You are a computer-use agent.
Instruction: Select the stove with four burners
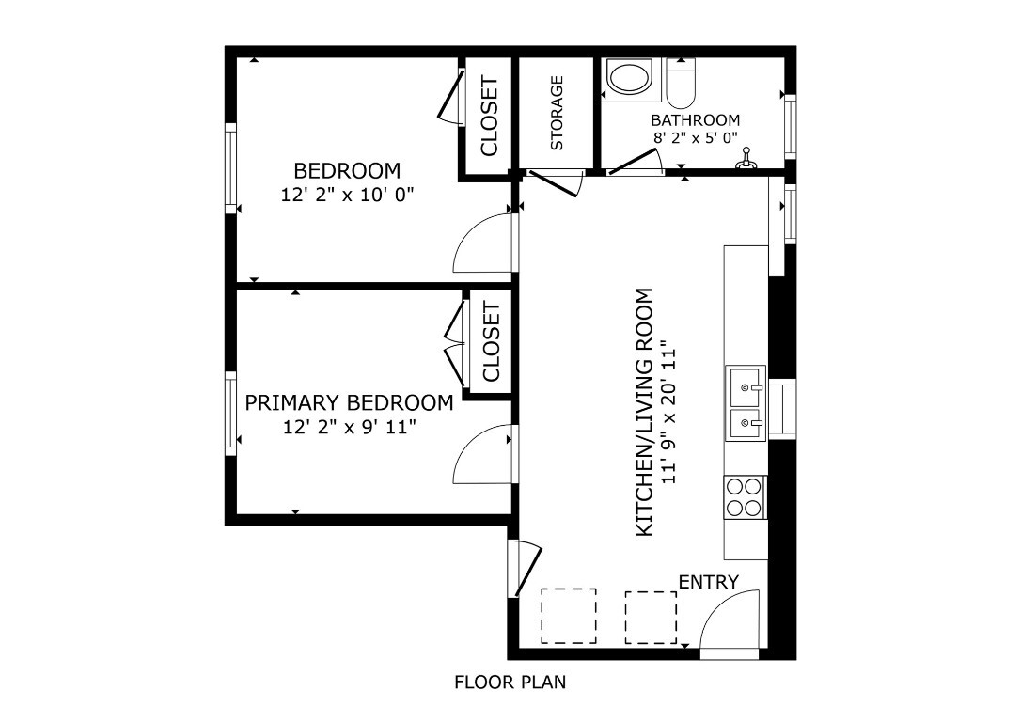coord(745,497)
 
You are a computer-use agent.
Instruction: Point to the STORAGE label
coord(557,113)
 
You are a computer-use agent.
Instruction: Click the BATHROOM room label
coord(695,120)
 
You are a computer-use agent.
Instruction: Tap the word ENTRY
coord(708,582)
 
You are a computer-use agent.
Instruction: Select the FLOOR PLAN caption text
coord(510,683)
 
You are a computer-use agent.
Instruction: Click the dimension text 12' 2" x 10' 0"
coord(347,195)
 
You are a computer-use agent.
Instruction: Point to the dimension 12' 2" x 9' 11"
coord(349,426)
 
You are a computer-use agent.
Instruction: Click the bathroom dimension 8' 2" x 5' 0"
coord(695,137)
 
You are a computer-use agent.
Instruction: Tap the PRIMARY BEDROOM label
coord(349,403)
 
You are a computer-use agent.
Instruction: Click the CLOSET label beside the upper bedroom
coord(489,117)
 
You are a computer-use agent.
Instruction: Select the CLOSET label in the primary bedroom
coord(491,342)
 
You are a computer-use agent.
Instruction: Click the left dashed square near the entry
coord(568,616)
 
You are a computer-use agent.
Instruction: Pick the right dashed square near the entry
coord(651,618)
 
